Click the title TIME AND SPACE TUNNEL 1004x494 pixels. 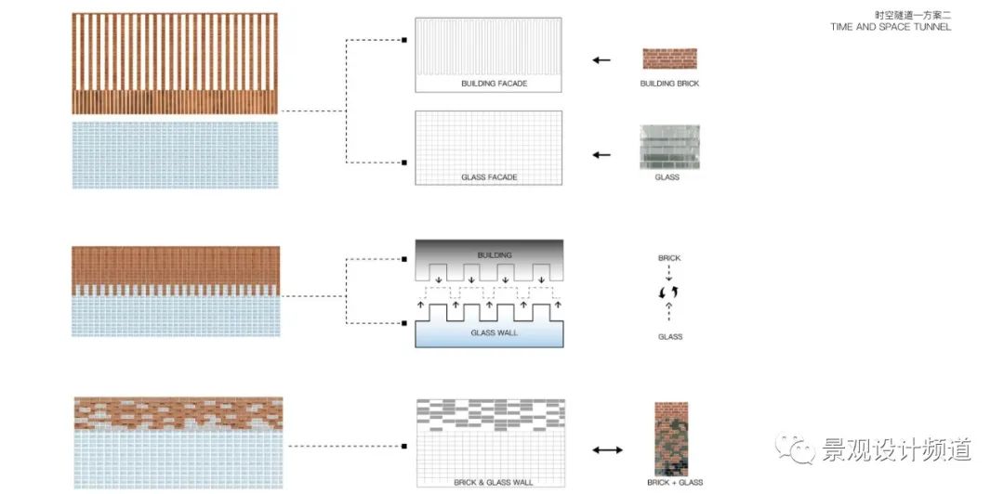pyautogui.click(x=891, y=27)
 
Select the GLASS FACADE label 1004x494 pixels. pyautogui.click(x=489, y=177)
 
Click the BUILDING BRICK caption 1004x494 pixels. pyautogui.click(x=669, y=84)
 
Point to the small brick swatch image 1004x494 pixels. pyautogui.click(x=669, y=58)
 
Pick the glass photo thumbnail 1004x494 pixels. pyautogui.click(x=668, y=148)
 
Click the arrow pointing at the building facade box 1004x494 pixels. pyautogui.click(x=601, y=60)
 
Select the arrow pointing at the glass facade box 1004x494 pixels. pyautogui.click(x=601, y=155)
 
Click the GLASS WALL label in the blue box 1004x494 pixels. pyautogui.click(x=489, y=332)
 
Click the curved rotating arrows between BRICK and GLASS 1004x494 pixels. pyautogui.click(x=669, y=293)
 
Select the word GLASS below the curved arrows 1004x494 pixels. pyautogui.click(x=669, y=337)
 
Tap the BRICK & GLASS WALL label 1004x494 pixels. pyautogui.click(x=489, y=482)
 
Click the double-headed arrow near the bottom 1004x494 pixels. pyautogui.click(x=608, y=450)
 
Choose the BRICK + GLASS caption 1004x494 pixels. pyautogui.click(x=675, y=483)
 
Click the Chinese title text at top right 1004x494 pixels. pyautogui.click(x=914, y=15)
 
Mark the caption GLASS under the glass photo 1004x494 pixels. pyautogui.click(x=667, y=177)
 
